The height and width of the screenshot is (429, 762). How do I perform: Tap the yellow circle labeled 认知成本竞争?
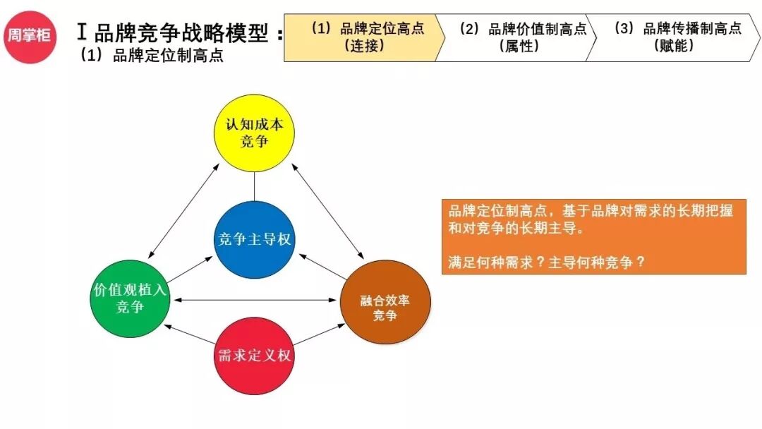pyautogui.click(x=254, y=132)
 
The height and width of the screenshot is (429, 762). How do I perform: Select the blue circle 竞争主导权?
pyautogui.click(x=253, y=240)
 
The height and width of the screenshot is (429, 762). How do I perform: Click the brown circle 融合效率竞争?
pyautogui.click(x=385, y=301)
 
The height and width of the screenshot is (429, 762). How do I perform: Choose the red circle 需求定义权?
pyautogui.click(x=253, y=355)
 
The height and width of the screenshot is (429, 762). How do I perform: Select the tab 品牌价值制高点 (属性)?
pyautogui.click(x=519, y=37)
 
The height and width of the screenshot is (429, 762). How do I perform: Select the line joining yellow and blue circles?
pyautogui.click(x=254, y=186)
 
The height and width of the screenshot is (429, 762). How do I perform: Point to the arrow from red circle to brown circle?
pyautogui.click(x=317, y=334)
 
